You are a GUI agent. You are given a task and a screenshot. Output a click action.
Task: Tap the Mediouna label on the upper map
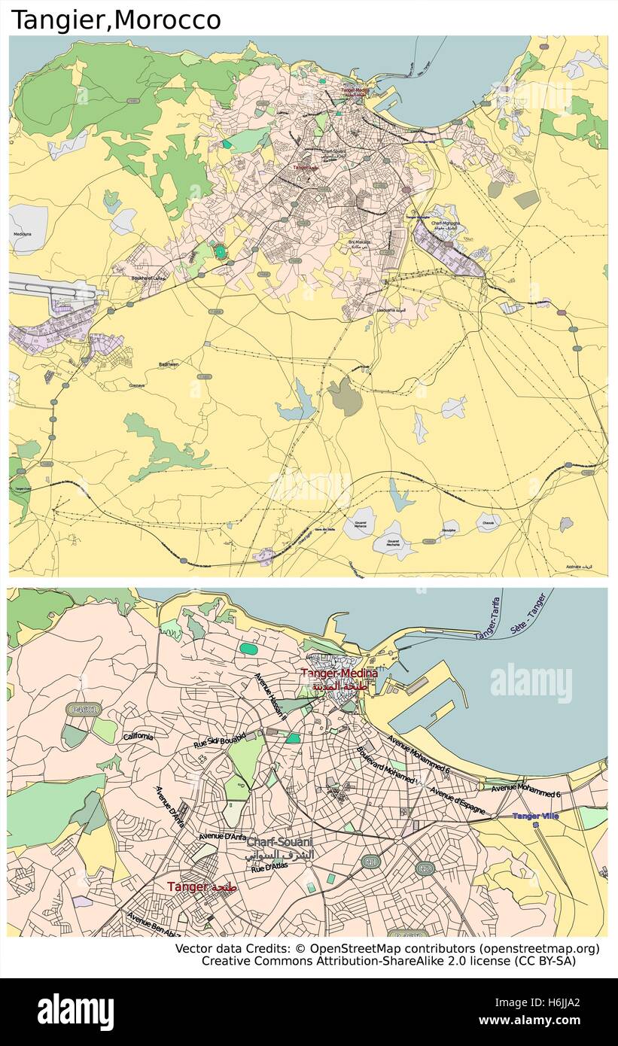(x=23, y=235)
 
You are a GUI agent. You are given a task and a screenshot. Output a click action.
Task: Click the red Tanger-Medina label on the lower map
(x=339, y=673)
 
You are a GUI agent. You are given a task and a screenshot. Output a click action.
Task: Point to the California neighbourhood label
(x=139, y=735)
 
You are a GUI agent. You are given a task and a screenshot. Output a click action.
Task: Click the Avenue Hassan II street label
(x=269, y=697)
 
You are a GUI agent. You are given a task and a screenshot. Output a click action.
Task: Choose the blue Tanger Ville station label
(x=535, y=816)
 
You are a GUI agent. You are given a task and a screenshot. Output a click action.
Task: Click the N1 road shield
(x=370, y=861)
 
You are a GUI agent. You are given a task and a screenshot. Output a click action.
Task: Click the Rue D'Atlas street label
(x=269, y=868)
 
